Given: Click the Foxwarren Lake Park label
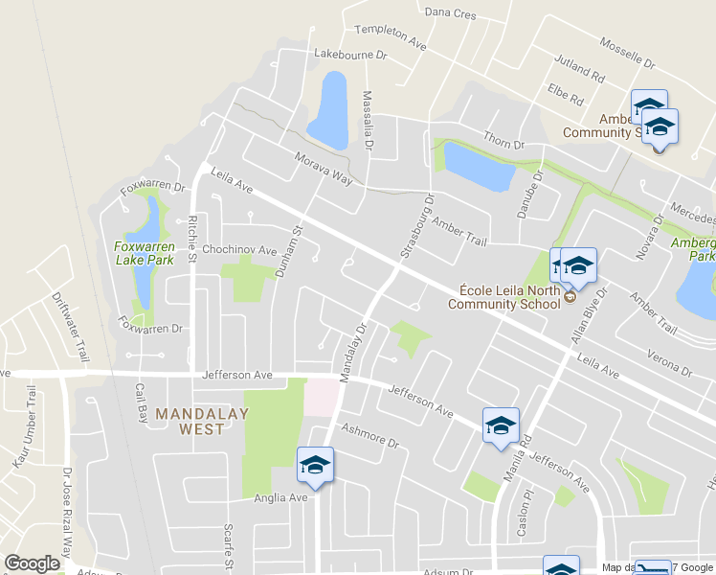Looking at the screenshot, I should click(x=145, y=252).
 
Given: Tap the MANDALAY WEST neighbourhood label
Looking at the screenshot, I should click(x=203, y=422).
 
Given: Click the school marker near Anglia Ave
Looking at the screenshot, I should click(x=315, y=466).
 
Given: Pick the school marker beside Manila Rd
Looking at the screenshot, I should click(x=501, y=426).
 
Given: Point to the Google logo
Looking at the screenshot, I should click(x=32, y=563).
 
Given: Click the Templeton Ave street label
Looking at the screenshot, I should click(x=390, y=37).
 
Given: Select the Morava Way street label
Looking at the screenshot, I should click(x=324, y=169).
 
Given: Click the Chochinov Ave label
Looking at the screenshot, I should click(x=238, y=251).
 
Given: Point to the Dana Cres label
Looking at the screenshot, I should click(x=450, y=13).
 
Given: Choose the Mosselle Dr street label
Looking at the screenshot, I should click(x=627, y=53).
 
